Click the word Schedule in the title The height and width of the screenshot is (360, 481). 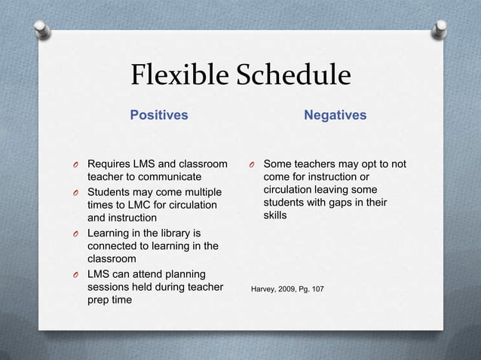click(293, 75)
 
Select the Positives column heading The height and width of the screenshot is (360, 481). click(159, 115)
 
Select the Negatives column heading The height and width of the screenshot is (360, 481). click(335, 115)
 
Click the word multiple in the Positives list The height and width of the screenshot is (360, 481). click(194, 191)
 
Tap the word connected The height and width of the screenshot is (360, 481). click(116, 246)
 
